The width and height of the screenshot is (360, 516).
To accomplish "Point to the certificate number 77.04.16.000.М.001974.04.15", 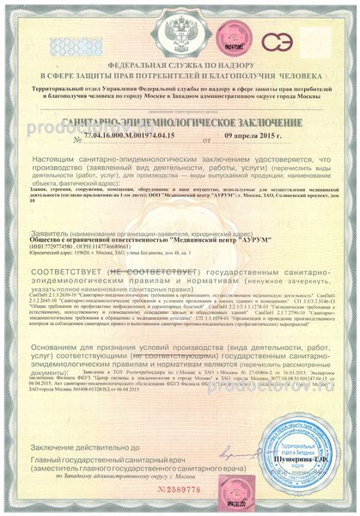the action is coord(131,138).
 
